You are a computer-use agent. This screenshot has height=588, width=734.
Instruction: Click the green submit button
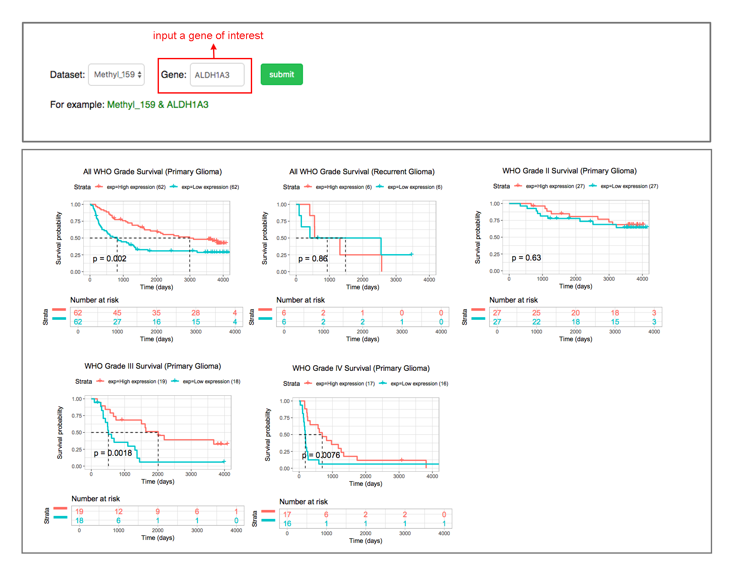pyautogui.click(x=281, y=74)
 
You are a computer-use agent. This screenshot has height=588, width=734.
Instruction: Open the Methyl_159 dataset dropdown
pyautogui.click(x=116, y=75)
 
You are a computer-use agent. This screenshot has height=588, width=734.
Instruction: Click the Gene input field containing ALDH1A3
pyautogui.click(x=217, y=75)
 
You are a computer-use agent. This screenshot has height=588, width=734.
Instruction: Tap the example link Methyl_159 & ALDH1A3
pyautogui.click(x=157, y=105)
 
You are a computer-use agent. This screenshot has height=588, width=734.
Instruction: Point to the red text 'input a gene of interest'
pyautogui.click(x=208, y=36)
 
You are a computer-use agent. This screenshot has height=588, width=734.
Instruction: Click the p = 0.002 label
pyautogui.click(x=110, y=259)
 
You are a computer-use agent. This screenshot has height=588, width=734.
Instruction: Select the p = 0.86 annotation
pyautogui.click(x=313, y=259)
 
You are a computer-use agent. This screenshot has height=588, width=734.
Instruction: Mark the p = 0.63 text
pyautogui.click(x=526, y=258)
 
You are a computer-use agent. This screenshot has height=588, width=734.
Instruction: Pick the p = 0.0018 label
pyautogui.click(x=113, y=453)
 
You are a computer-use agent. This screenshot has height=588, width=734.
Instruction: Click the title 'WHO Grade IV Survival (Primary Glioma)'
pyautogui.click(x=361, y=368)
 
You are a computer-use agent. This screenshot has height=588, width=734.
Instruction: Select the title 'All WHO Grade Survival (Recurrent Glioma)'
pyautogui.click(x=362, y=172)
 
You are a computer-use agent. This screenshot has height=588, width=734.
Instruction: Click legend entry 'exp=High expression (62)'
pyautogui.click(x=136, y=187)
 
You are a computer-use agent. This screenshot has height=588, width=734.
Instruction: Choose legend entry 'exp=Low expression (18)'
pyautogui.click(x=211, y=382)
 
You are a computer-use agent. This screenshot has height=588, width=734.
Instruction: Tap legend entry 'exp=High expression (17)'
pyautogui.click(x=345, y=384)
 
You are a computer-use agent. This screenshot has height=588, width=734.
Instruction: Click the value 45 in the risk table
pyautogui.click(x=117, y=313)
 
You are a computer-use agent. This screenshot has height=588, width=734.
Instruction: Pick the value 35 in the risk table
pyautogui.click(x=156, y=313)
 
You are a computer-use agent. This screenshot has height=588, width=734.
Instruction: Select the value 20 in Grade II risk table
pyautogui.click(x=576, y=313)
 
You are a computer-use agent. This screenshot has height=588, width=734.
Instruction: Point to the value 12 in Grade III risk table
pyautogui.click(x=119, y=512)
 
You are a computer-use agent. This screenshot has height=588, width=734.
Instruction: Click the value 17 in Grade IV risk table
pyautogui.click(x=287, y=515)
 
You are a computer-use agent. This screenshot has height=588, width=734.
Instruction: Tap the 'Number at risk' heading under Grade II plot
pyautogui.click(x=513, y=300)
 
